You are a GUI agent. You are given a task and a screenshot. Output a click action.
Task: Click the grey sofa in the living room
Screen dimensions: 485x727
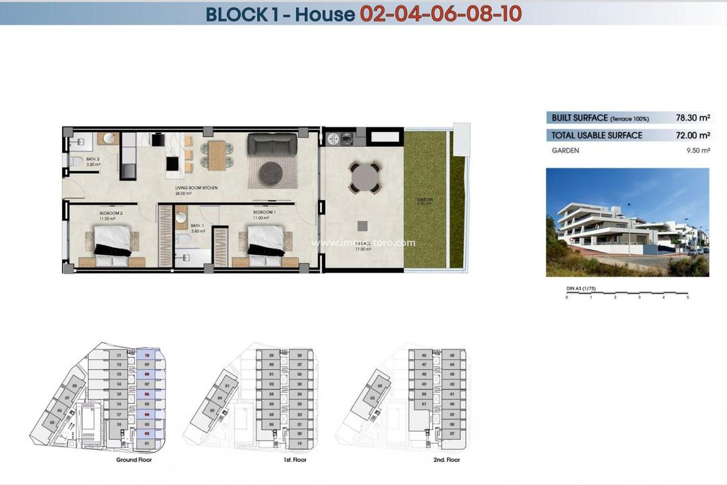pyautogui.click(x=273, y=144)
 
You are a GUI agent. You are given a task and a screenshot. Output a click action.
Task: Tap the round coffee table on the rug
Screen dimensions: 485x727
pyautogui.click(x=273, y=173)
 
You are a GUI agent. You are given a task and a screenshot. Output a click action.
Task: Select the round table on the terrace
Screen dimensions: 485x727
pyautogui.click(x=363, y=178)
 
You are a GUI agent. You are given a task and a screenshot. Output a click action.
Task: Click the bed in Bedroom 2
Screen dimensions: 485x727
pyautogui.click(x=112, y=240)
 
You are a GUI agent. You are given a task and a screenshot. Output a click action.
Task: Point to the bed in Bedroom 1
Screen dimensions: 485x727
pyautogui.click(x=265, y=240)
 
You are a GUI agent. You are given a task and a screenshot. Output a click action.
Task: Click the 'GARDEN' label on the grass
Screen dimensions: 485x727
pyautogui.click(x=424, y=199)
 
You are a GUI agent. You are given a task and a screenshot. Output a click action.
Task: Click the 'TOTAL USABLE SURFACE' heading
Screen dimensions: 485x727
pyautogui.click(x=596, y=135)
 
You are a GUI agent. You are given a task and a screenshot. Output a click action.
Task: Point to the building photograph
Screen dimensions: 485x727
pyautogui.click(x=627, y=222)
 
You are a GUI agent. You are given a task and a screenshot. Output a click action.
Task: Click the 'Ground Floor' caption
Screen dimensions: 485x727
pyautogui.click(x=134, y=460)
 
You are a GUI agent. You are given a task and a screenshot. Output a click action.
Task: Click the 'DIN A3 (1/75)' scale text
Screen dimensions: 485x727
pyautogui.click(x=583, y=288)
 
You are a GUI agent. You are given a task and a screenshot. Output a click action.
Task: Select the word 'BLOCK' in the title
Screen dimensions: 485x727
pyautogui.click(x=235, y=13)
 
